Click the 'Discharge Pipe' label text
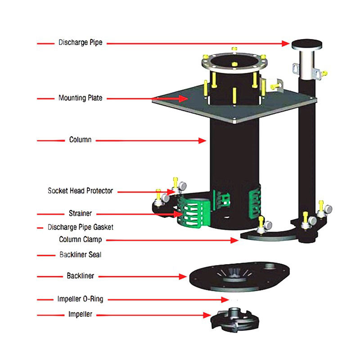click(80, 43)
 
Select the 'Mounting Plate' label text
click(80, 98)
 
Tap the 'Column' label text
click(80, 140)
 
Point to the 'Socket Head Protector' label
click(80, 191)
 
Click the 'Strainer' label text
click(81, 214)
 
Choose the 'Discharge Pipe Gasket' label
click(81, 227)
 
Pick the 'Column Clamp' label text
click(80, 240)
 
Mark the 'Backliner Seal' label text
click(80, 255)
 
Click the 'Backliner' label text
click(80, 276)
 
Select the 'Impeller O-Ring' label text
click(80, 299)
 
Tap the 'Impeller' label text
click(81, 315)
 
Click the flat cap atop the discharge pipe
click(308, 45)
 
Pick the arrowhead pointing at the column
click(203, 140)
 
